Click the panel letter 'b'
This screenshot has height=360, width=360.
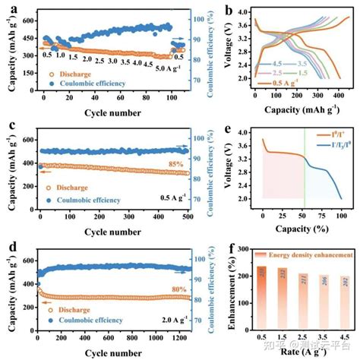pyautogui.click(x=229, y=10)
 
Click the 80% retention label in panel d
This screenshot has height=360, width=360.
pyautogui.click(x=157, y=289)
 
